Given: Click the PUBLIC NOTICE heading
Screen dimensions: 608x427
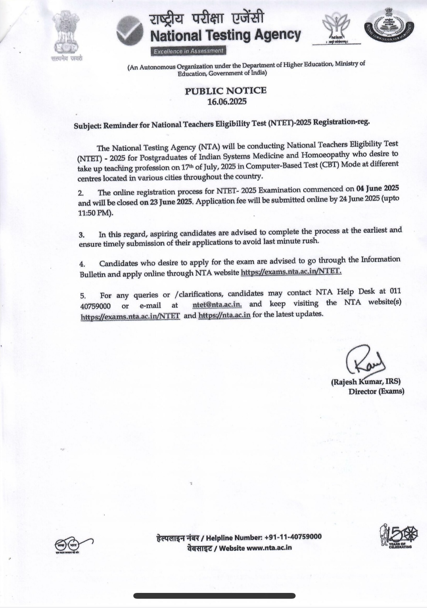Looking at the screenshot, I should click(226, 91).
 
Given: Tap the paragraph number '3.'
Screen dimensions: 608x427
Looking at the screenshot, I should click(82, 234).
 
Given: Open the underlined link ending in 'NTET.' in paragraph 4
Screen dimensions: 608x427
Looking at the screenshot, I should click(291, 272).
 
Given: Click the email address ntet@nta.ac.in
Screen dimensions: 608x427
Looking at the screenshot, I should click(217, 304).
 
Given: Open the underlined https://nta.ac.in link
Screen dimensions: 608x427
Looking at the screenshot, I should click(224, 315).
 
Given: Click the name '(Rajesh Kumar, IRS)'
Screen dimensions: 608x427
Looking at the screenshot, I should click(366, 382).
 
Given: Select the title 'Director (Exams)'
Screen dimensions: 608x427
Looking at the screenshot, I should click(376, 391).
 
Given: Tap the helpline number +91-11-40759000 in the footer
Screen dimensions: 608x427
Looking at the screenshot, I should click(293, 537).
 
